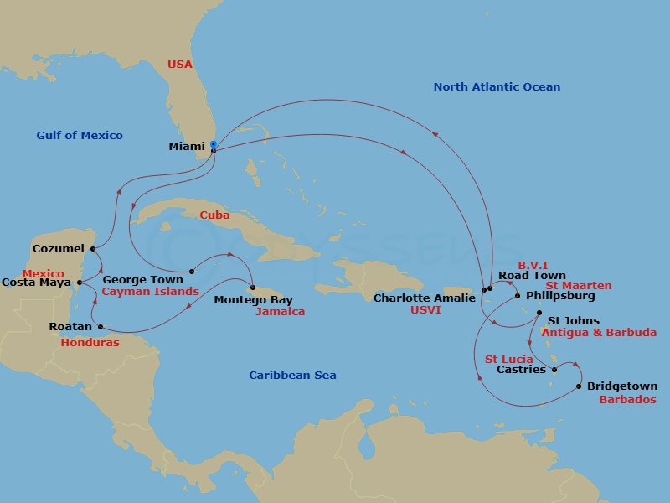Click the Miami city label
[x=187, y=146]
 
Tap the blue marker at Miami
[x=213, y=145]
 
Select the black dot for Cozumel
[x=92, y=249]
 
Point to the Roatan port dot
[x=100, y=327]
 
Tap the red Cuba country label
[x=214, y=215]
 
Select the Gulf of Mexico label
[x=80, y=136]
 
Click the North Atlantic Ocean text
[x=497, y=87]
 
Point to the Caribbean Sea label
[x=292, y=376]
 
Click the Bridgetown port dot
[x=579, y=386]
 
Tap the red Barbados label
[x=627, y=400]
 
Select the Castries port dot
[x=554, y=370]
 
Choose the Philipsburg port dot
[x=518, y=296]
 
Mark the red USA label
[x=180, y=64]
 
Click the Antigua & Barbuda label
[x=599, y=333]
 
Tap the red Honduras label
[x=90, y=343]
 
